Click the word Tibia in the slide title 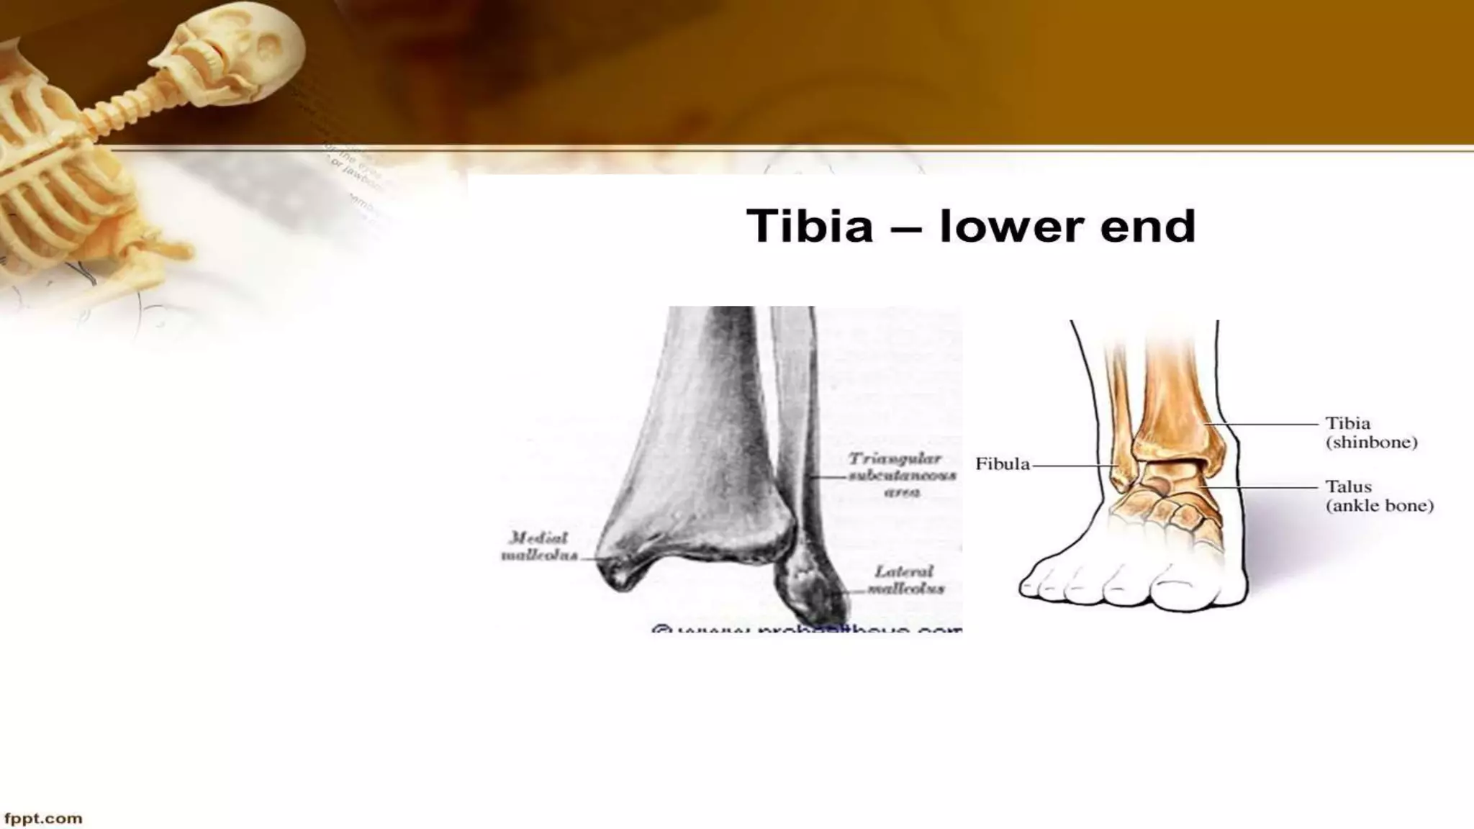(810, 226)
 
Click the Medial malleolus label (539, 547)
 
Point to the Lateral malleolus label (905, 580)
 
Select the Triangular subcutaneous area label (903, 475)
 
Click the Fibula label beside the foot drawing (1002, 465)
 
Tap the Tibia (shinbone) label (1371, 432)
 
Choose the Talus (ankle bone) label (1379, 496)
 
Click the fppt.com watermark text (43, 818)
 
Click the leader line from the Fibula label (1072, 466)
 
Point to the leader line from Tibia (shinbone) (1267, 425)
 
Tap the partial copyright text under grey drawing (806, 629)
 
